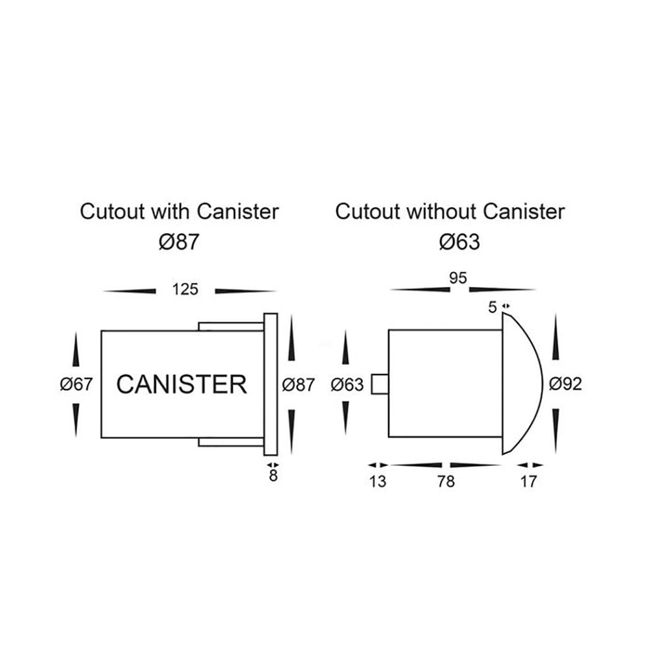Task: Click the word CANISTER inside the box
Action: (181, 384)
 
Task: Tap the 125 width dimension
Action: (185, 290)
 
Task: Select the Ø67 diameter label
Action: (76, 384)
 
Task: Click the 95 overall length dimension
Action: (457, 278)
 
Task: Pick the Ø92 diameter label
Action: (565, 384)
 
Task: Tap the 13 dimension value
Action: (378, 482)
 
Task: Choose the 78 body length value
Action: (446, 482)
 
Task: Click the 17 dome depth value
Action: (529, 482)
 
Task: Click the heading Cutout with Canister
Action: (179, 211)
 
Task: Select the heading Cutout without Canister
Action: (450, 211)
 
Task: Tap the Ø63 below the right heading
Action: (459, 242)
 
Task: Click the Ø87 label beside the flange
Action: (299, 384)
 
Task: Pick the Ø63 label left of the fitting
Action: (347, 384)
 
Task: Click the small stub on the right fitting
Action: (379, 384)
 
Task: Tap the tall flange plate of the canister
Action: (271, 384)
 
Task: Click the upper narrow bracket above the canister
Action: (231, 326)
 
